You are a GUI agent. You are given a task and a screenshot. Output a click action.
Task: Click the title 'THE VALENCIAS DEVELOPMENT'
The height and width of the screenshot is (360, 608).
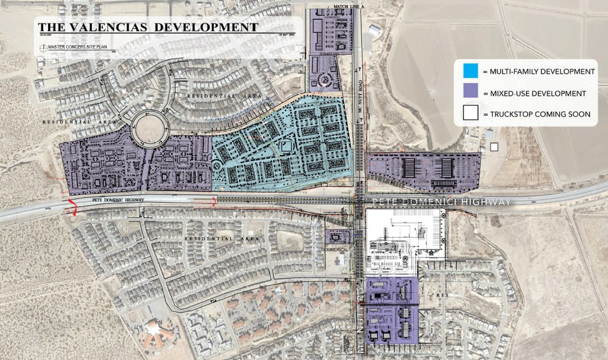point(148,27)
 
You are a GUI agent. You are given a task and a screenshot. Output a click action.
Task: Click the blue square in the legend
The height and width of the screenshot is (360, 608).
point(471,72)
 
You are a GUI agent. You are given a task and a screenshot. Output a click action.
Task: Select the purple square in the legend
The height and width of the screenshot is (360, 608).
point(471,93)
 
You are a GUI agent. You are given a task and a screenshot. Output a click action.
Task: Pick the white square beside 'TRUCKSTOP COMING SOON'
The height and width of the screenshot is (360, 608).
point(471,114)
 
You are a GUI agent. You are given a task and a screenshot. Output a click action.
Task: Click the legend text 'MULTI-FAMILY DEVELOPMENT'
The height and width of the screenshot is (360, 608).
point(538,72)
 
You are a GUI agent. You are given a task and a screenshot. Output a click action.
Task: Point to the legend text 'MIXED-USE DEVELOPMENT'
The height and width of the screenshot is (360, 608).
point(534,93)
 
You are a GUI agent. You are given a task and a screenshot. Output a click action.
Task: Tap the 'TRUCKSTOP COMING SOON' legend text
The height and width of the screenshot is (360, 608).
point(536,114)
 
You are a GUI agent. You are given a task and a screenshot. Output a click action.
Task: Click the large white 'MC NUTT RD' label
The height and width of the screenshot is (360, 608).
point(360,315)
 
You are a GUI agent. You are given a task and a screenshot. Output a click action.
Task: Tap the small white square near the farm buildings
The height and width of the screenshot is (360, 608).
point(493,147)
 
